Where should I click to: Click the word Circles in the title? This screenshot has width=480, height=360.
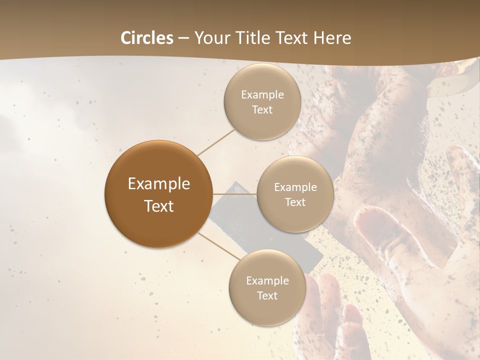(x=147, y=38)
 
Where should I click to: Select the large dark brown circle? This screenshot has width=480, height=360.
(x=158, y=194)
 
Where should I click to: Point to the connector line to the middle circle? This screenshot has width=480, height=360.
(x=235, y=194)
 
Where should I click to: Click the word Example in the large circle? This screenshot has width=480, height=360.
(x=158, y=184)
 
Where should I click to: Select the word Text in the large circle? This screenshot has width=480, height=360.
(x=158, y=206)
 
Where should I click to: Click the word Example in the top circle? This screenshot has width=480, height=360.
(x=262, y=95)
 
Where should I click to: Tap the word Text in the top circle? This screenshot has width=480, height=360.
(x=262, y=110)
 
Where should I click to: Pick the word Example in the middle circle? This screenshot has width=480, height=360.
(x=295, y=187)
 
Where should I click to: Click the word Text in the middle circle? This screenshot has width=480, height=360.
(x=295, y=202)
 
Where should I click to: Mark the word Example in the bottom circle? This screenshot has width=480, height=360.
(x=267, y=281)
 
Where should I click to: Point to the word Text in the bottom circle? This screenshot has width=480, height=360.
(x=267, y=296)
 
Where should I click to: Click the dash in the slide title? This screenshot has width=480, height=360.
(x=183, y=38)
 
